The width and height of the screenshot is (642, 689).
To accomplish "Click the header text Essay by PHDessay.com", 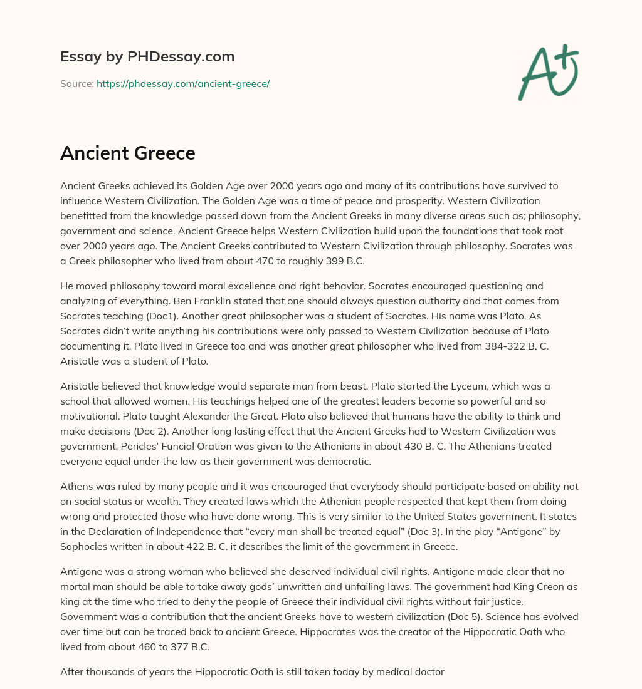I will click(147, 57).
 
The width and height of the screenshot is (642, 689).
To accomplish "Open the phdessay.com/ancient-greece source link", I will click(183, 83).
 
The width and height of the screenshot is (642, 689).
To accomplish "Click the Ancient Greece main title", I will click(128, 153).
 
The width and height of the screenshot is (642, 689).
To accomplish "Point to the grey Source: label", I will click(76, 83).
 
